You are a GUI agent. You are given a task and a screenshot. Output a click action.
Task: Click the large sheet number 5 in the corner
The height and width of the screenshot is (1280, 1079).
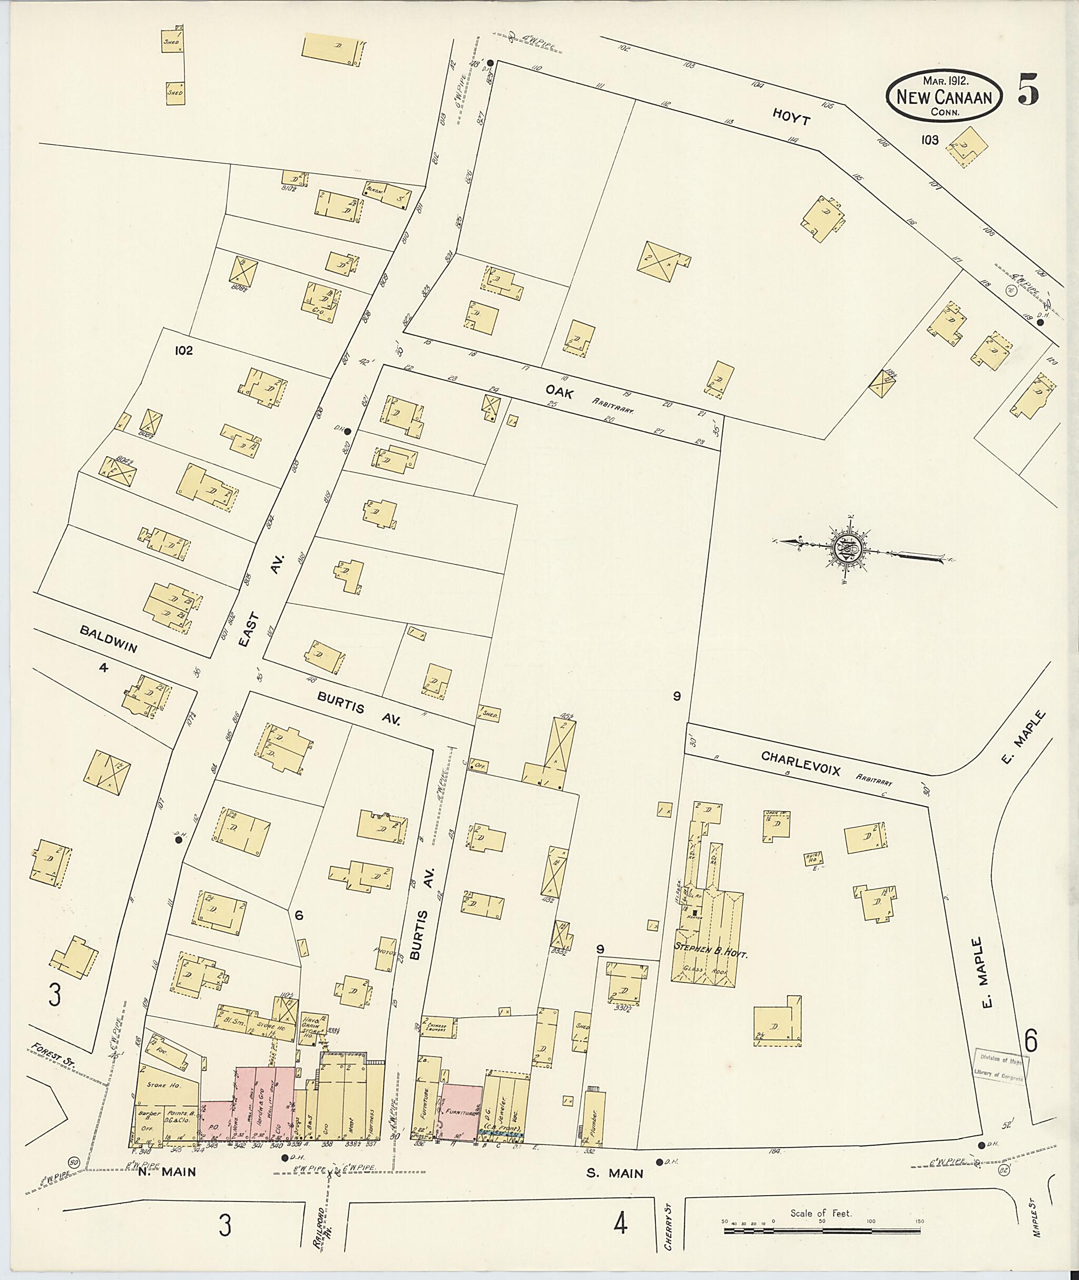click(x=1029, y=90)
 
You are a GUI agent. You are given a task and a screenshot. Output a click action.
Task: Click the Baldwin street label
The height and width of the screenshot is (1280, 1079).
click(x=108, y=638)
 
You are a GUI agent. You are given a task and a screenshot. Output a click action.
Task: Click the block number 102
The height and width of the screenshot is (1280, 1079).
click(x=183, y=350)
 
